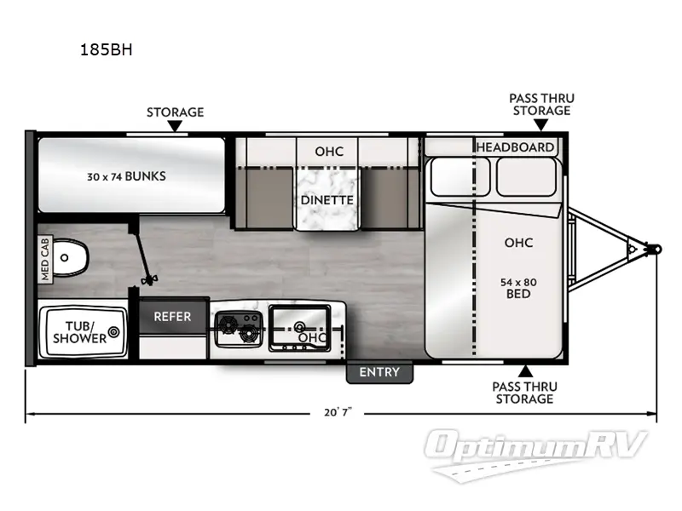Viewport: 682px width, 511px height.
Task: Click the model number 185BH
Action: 107,49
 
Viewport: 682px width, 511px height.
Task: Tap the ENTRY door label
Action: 379,372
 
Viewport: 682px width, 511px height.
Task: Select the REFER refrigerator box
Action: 173,316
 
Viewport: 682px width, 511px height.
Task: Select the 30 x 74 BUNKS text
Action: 126,177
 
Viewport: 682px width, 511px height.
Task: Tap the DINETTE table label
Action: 327,200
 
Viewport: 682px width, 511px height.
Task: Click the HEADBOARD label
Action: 514,146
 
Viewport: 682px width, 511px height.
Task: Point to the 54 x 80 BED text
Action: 517,287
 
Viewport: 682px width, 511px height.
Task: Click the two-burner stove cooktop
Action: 237,327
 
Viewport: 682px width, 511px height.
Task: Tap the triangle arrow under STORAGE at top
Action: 175,127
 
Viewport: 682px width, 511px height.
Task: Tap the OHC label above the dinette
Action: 328,152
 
